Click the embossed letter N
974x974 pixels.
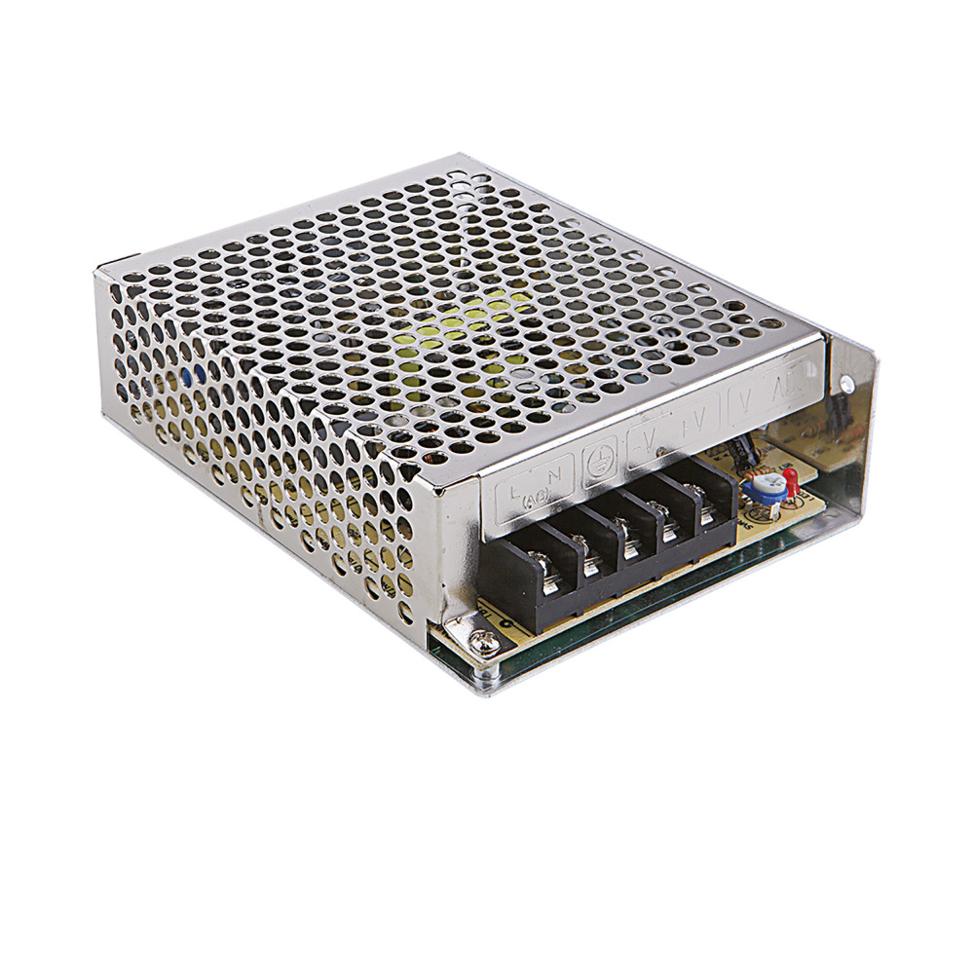[x=555, y=476]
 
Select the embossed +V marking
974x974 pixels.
[x=694, y=426]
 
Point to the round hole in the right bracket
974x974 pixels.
[x=843, y=383]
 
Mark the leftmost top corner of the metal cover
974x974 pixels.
[x=96, y=274]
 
